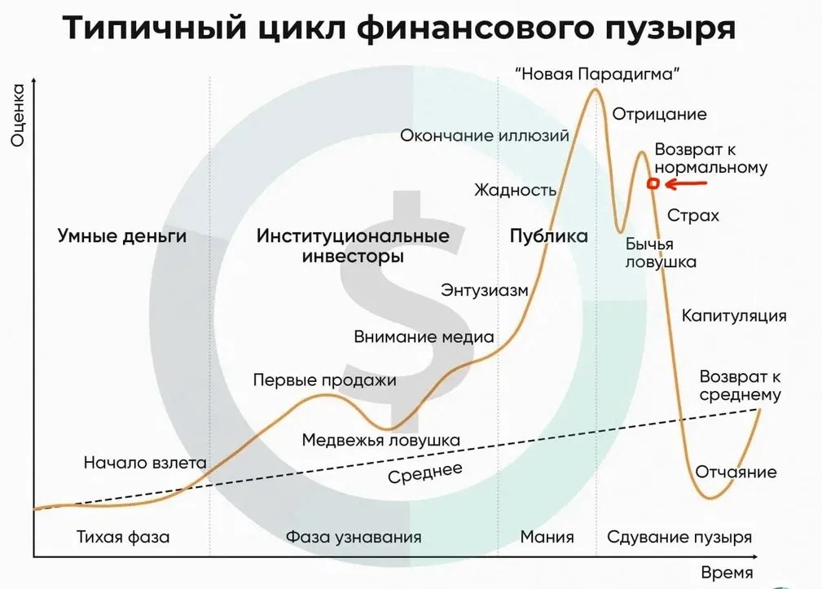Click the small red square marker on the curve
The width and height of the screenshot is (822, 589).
[x=653, y=183]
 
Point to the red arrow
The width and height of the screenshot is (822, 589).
[x=686, y=184]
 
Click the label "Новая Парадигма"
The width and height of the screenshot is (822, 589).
[x=597, y=74]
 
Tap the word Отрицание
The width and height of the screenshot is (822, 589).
[x=660, y=114]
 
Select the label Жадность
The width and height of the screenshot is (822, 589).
[x=516, y=190]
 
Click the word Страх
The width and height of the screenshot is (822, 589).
[x=693, y=215]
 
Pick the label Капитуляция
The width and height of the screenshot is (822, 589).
[x=734, y=316]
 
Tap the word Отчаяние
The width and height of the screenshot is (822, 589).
[x=736, y=472]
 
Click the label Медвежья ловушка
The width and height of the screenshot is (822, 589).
[x=381, y=440]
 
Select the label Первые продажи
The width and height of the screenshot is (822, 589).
[x=324, y=380]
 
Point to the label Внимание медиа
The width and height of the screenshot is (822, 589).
[x=424, y=336]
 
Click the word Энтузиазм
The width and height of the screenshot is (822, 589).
[x=485, y=290]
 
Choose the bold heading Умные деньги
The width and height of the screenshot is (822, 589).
[x=122, y=235]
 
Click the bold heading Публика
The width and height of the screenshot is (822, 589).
[x=549, y=235]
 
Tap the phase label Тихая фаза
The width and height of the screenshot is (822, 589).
[x=123, y=537]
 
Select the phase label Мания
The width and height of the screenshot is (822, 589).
[x=547, y=537]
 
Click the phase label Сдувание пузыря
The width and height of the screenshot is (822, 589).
[x=679, y=537]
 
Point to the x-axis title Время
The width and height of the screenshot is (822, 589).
[x=727, y=573]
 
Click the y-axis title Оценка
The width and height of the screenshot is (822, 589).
[x=18, y=116]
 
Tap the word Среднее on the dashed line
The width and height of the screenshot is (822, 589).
[x=425, y=473]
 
